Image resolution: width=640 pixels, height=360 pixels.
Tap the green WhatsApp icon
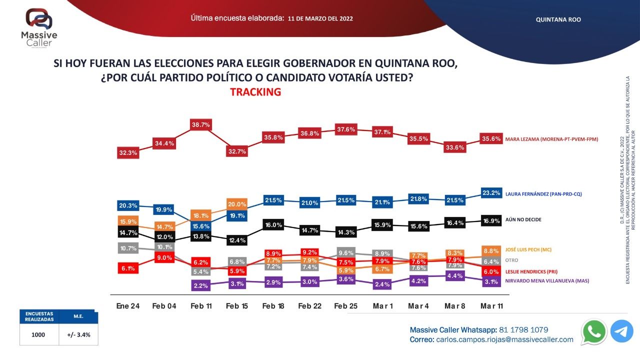pyautogui.click(x=594, y=331)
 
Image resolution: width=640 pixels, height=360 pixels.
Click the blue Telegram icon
pyautogui.click(x=621, y=331)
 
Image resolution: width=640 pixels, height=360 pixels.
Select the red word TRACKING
pyautogui.click(x=255, y=92)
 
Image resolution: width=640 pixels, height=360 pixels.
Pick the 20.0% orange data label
pyautogui.click(x=237, y=204)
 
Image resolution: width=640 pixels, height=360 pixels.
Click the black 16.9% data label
pyautogui.click(x=490, y=219)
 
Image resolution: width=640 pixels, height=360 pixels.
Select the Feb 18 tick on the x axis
pyautogui.click(x=273, y=306)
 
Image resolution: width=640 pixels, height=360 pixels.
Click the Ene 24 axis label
pyautogui.click(x=128, y=306)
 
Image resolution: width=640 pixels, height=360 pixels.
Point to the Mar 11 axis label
pyautogui.click(x=491, y=306)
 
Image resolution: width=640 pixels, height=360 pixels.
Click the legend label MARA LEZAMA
pyautogui.click(x=551, y=139)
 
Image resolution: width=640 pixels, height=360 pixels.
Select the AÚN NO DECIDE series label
pyautogui.click(x=523, y=219)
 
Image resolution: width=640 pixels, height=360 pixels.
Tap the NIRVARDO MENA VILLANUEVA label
pyautogui.click(x=547, y=281)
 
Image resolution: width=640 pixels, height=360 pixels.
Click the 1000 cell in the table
pyautogui.click(x=38, y=334)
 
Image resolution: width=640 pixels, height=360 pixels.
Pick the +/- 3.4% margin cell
pyautogui.click(x=78, y=334)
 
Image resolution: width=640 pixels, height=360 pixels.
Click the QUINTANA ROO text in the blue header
pyautogui.click(x=558, y=19)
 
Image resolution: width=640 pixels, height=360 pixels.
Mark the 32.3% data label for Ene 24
pyautogui.click(x=128, y=153)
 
